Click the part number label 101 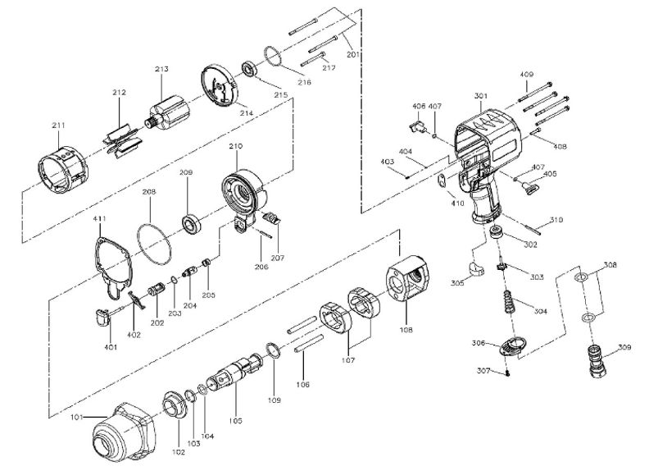pyautogui.click(x=76, y=418)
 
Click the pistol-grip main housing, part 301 pyautogui.click(x=483, y=156)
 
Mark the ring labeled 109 pyautogui.click(x=275, y=353)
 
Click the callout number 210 pyautogui.click(x=236, y=147)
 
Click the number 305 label pyautogui.click(x=457, y=283)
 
